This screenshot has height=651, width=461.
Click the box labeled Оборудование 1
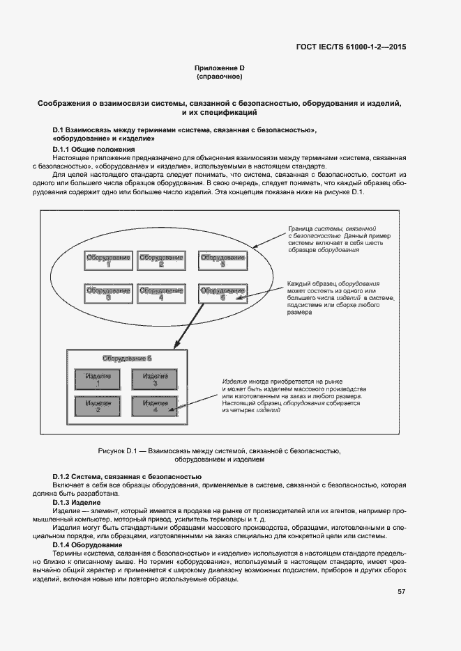(108, 260)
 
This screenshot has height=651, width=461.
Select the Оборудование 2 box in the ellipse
(161, 260)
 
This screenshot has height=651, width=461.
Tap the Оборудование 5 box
(222, 260)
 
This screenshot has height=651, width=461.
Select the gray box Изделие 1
(98, 379)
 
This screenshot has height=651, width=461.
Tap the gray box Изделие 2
(98, 406)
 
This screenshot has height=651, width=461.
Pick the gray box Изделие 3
(155, 379)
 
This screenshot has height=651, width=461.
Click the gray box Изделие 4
(155, 406)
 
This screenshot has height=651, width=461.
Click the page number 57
(402, 592)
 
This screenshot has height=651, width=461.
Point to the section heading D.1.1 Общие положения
(94, 150)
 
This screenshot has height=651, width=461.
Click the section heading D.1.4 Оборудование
(87, 544)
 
